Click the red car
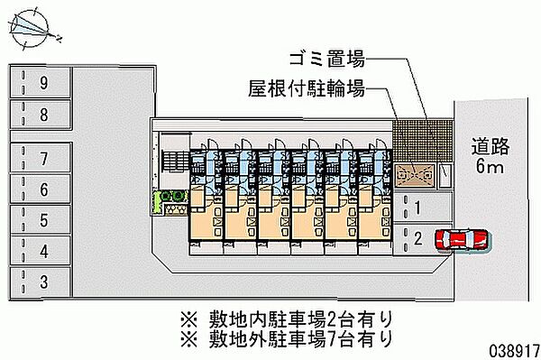click(461, 240)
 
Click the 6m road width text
click(491, 168)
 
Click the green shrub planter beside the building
click(170, 203)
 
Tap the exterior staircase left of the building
click(172, 162)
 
